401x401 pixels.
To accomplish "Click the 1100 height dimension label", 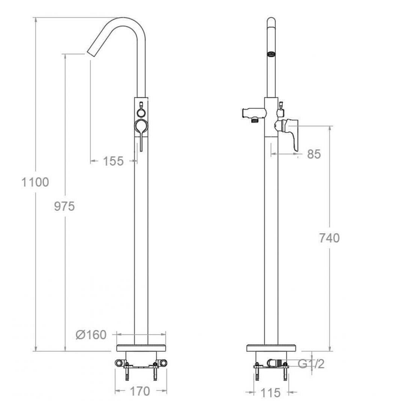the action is coord(35,182).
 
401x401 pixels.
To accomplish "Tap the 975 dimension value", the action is coord(65,206).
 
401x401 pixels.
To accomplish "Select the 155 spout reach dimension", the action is coord(113,161).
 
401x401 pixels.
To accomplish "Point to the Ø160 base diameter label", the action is coord(91,335).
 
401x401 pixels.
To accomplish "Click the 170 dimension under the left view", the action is coord(140,391).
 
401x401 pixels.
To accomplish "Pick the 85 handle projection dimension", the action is coord(314,154).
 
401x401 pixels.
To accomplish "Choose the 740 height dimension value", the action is coord(329,238).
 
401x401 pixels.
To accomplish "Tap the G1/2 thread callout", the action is coord(311,363).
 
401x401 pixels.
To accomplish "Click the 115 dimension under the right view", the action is coord(270,393).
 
